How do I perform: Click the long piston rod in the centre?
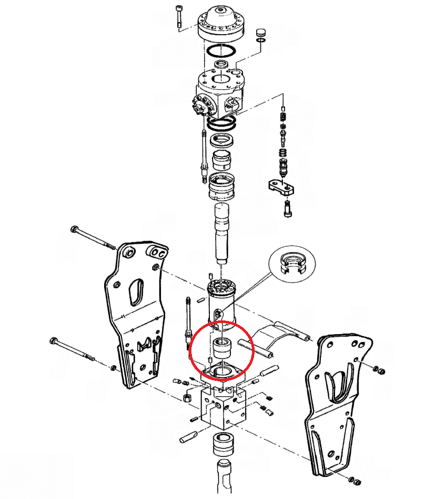point(223,231)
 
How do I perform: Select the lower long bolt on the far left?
point(74,349)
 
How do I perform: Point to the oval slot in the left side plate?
point(135,291)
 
